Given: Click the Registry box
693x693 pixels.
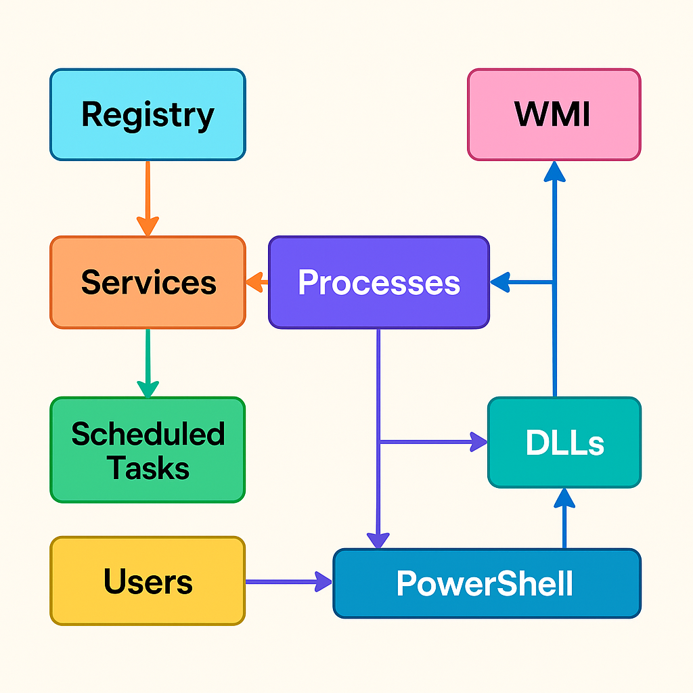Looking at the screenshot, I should point(148,114).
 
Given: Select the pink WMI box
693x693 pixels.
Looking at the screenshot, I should point(554,114).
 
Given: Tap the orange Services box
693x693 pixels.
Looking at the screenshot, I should point(148,282).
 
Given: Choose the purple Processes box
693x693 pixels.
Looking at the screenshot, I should point(379,282).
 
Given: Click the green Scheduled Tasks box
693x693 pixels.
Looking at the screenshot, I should point(148,450).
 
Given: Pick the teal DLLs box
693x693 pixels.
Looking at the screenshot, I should point(564,443).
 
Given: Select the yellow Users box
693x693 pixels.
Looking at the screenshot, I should point(148,581).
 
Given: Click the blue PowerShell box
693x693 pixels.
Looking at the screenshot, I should point(487,583).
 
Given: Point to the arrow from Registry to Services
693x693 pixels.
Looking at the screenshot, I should point(148,196).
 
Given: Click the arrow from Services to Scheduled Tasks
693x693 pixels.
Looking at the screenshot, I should point(148,362).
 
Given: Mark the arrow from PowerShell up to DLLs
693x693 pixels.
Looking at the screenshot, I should point(564,518).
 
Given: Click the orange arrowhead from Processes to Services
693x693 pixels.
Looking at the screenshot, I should point(254,282).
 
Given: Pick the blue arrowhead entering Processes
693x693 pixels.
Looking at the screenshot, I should point(500,283).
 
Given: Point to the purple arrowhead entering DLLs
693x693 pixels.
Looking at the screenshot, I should point(478,443).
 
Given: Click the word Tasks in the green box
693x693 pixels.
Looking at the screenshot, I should point(148,468).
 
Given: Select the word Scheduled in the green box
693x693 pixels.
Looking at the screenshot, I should point(148,434).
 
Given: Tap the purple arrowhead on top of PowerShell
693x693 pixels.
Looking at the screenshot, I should point(378,539).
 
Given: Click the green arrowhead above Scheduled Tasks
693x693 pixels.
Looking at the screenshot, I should point(148,388).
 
